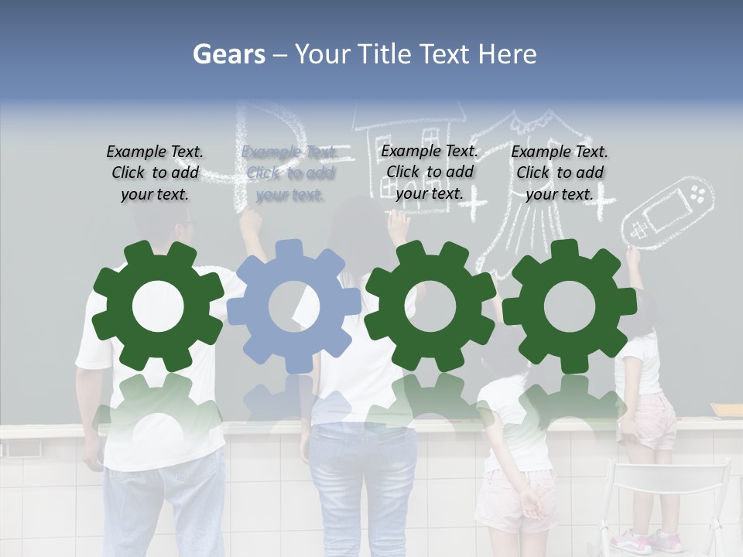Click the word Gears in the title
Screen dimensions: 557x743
[x=228, y=54]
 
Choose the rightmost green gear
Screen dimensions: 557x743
[x=569, y=306]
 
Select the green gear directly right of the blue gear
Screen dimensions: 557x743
[x=430, y=306]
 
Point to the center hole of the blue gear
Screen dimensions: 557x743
[x=294, y=303]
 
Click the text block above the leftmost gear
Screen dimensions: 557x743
[x=155, y=173]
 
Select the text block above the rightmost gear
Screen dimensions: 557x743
[x=560, y=173]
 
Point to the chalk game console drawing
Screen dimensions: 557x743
[x=667, y=210]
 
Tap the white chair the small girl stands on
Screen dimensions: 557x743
[x=666, y=495]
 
